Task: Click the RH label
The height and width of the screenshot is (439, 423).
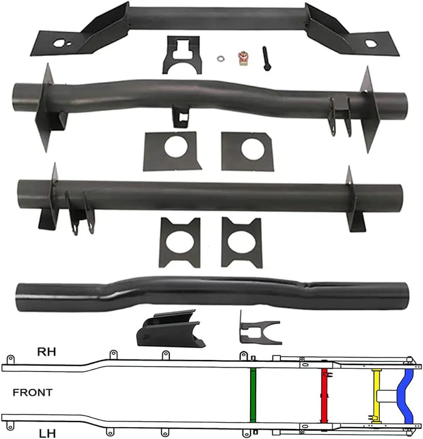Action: point(47,352)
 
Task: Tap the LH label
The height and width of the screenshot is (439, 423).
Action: point(46,432)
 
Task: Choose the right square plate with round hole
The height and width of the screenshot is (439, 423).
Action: point(250,149)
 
